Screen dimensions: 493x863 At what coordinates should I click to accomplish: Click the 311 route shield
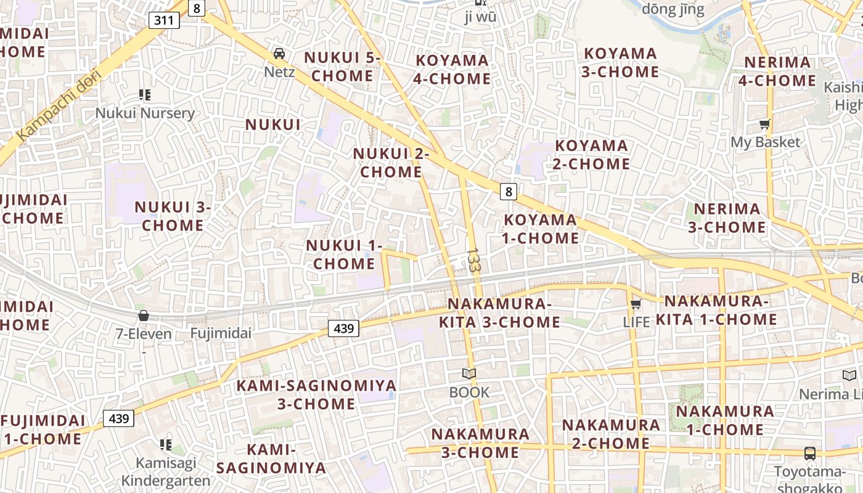[x=164, y=21]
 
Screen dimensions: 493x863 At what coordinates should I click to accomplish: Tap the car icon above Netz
[x=279, y=54]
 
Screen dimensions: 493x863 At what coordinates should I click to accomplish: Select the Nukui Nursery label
[x=145, y=113]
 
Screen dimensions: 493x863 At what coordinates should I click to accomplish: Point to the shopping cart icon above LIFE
[x=636, y=304]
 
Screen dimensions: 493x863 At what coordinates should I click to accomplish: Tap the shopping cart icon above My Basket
[x=765, y=124]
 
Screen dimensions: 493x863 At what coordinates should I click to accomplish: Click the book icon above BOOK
[x=469, y=373]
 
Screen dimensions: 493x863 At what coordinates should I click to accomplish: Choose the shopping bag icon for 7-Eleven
[x=144, y=316]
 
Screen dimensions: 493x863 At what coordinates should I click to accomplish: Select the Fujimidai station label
[x=221, y=333]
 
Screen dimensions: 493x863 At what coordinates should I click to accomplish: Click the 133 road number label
[x=473, y=260]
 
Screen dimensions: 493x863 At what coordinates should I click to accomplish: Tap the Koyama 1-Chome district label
[x=541, y=229]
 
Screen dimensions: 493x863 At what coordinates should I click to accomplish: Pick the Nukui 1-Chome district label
[x=344, y=255]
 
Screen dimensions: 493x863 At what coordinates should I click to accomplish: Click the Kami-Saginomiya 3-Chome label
[x=317, y=395]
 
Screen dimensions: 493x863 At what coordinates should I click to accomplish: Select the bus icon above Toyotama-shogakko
[x=810, y=454]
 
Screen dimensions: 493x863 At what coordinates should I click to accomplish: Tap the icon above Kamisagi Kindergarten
[x=165, y=444]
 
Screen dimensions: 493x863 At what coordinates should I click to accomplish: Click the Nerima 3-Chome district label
[x=727, y=218]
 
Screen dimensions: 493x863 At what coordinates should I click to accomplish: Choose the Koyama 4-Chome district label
[x=452, y=70]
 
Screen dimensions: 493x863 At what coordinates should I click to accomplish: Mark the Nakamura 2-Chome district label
[x=611, y=434]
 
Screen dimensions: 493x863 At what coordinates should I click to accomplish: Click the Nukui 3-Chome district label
[x=173, y=216]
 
